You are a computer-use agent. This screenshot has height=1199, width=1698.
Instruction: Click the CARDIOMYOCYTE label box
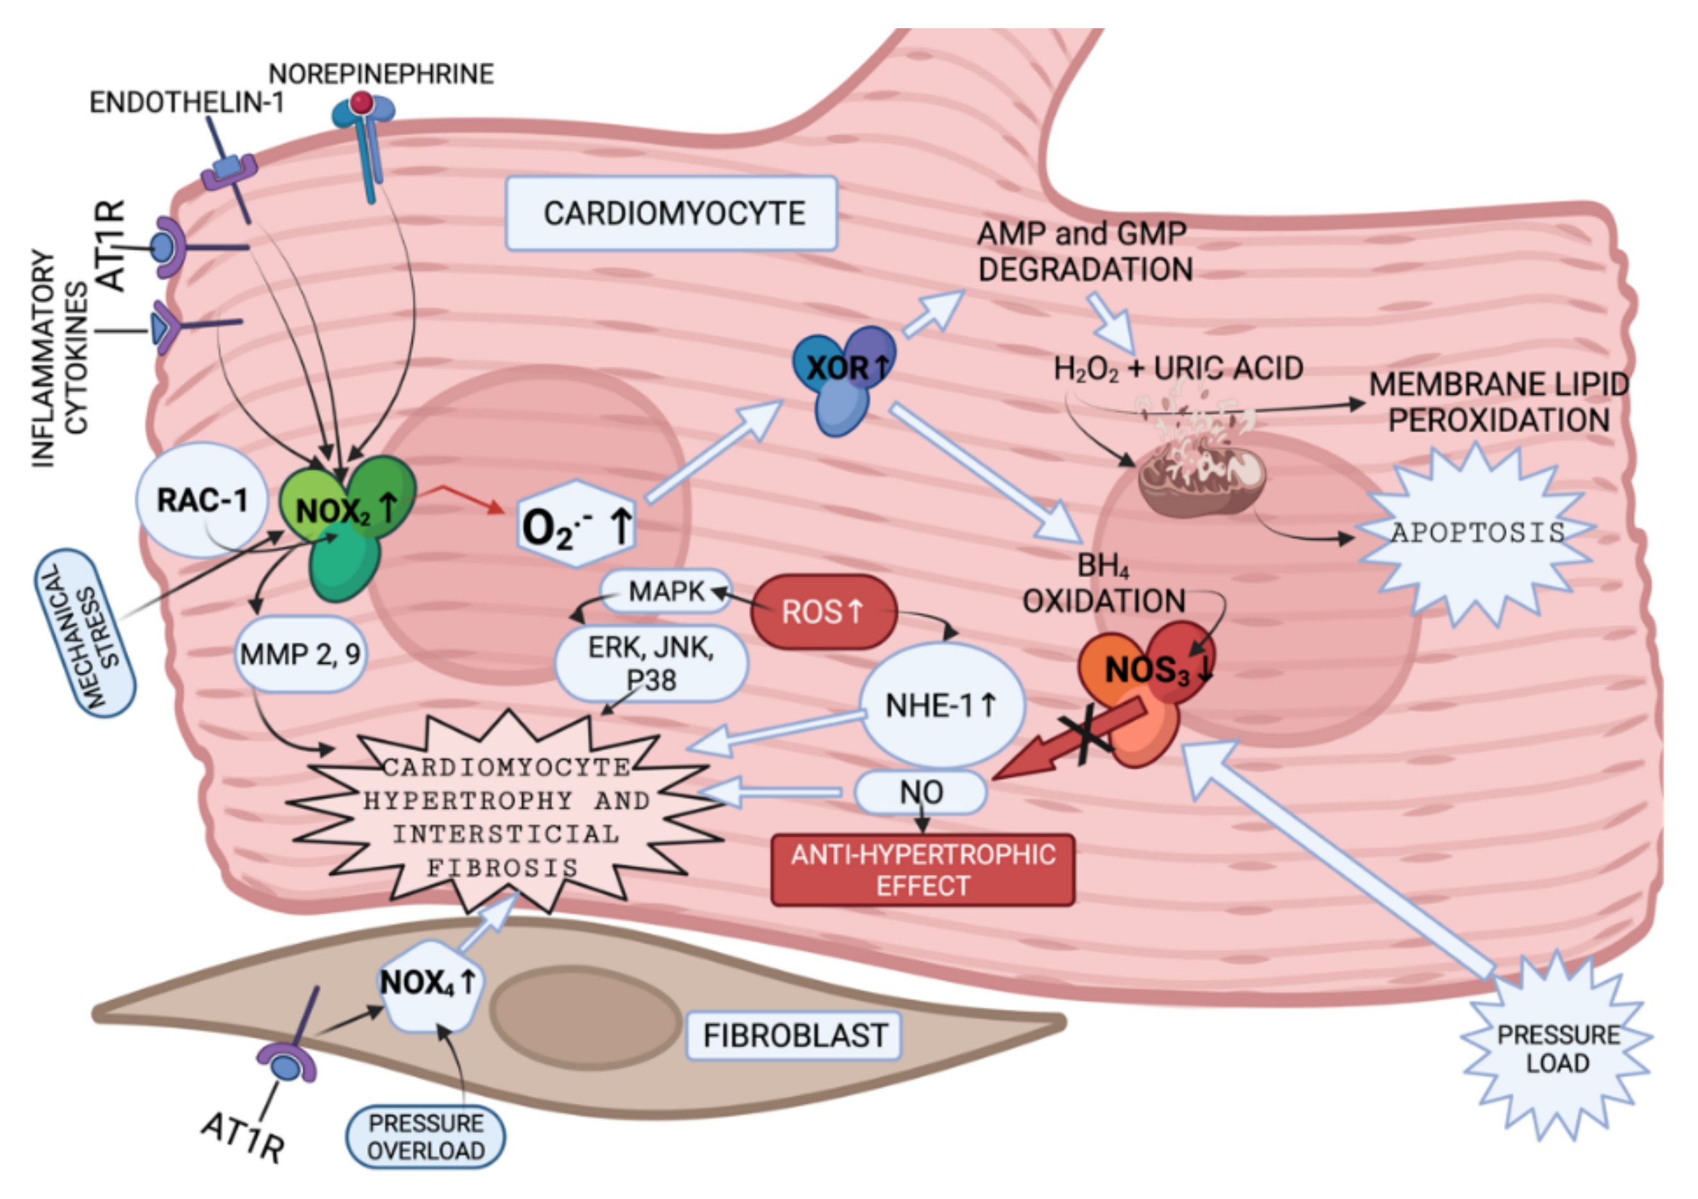[671, 214]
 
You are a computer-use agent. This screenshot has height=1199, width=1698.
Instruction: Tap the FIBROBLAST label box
[794, 1035]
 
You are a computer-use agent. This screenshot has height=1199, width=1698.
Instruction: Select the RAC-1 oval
[201, 500]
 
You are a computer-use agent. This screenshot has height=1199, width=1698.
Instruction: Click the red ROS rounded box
[823, 612]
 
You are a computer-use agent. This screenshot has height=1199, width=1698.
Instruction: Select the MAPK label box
[665, 591]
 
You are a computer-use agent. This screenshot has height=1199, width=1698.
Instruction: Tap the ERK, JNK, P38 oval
[651, 664]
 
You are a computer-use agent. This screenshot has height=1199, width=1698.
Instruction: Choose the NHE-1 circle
[941, 705]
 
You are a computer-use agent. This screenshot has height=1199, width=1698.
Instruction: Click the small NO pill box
[921, 792]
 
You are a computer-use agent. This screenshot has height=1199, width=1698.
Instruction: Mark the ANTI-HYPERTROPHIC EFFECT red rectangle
[922, 871]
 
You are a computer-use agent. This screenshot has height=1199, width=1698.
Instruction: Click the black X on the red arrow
[1085, 737]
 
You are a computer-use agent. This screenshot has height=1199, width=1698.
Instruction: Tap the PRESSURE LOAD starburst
[1557, 1049]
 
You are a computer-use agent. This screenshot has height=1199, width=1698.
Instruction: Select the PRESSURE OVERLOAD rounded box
[426, 1137]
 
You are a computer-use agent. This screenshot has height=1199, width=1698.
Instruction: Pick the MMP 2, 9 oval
[300, 654]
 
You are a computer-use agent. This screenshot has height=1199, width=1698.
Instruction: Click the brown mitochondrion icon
[1199, 477]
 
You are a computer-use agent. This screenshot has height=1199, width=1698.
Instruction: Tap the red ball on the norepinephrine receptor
[362, 102]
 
